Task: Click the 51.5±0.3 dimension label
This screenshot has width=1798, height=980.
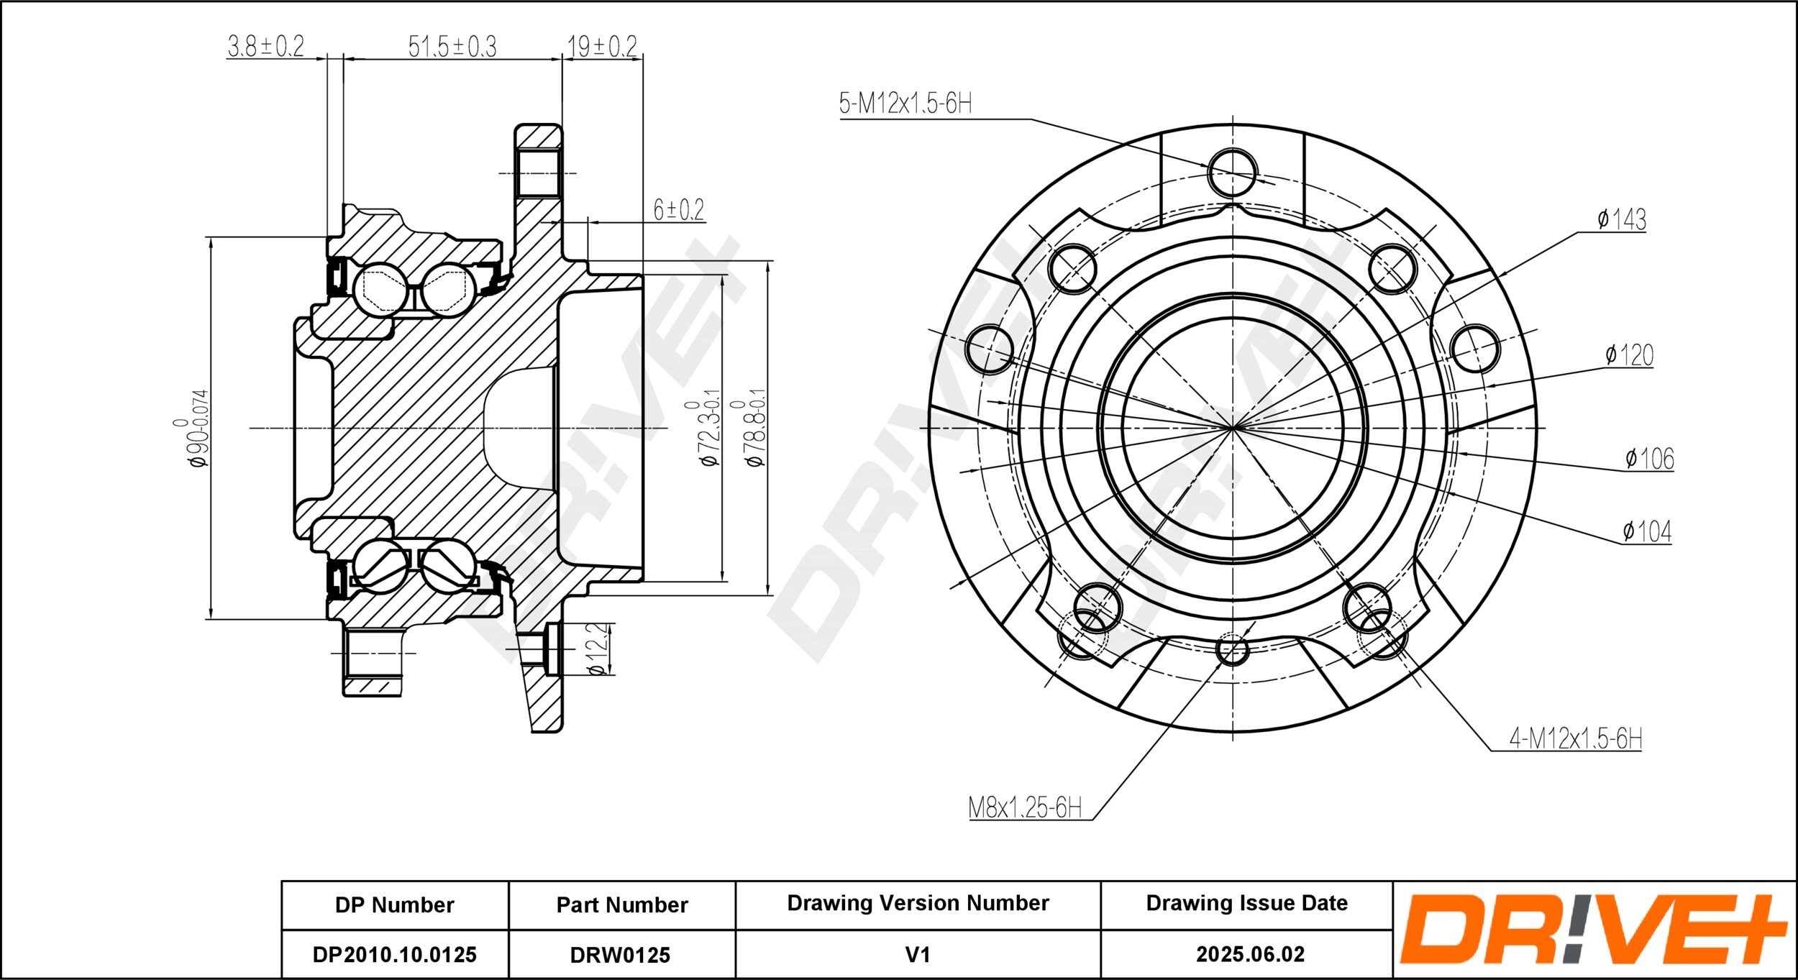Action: (452, 46)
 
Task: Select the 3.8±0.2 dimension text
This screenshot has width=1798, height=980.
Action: (265, 45)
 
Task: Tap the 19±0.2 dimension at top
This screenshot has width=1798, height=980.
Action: (602, 46)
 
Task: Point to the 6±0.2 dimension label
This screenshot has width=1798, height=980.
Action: (678, 209)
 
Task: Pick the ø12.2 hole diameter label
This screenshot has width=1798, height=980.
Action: (597, 649)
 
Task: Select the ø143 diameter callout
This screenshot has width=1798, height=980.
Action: (1622, 219)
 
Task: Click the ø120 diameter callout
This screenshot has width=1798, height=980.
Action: (1629, 354)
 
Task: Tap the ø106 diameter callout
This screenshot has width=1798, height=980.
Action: (1650, 458)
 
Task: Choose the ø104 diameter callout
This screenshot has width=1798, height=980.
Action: (1647, 531)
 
